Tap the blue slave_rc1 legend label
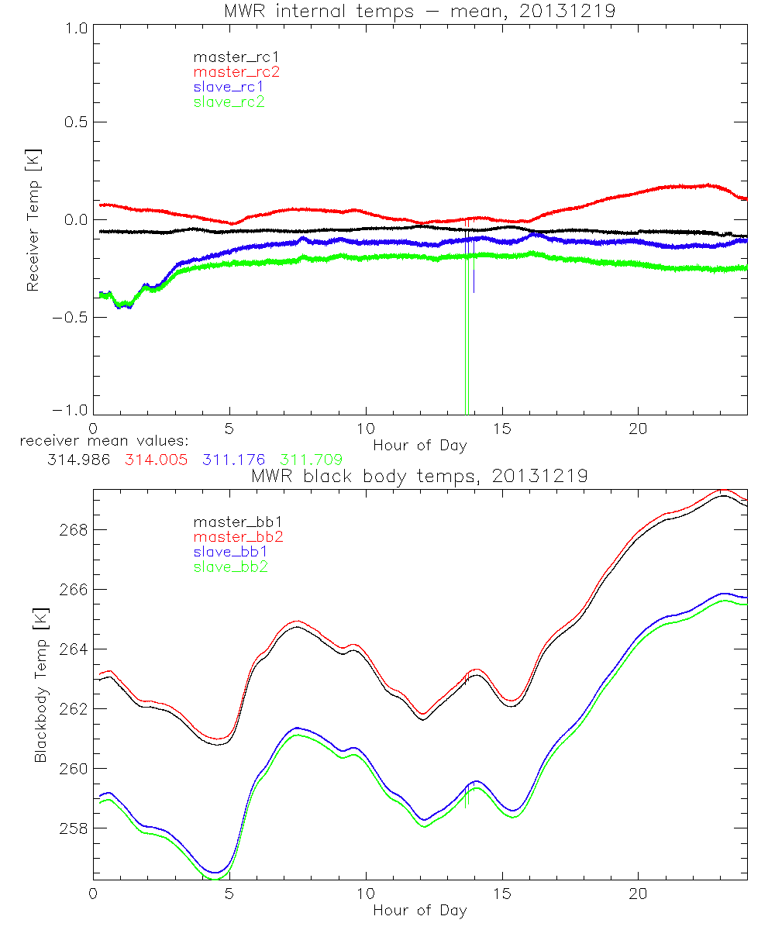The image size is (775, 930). click(x=229, y=87)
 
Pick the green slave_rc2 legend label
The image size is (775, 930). click(x=229, y=102)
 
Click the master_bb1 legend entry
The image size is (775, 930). click(x=232, y=522)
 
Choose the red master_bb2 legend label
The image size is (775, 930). click(x=232, y=537)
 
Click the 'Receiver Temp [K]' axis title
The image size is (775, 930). click(x=33, y=220)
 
